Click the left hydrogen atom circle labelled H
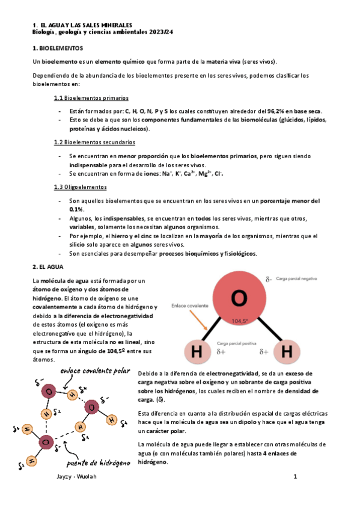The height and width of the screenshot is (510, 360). click(x=195, y=351)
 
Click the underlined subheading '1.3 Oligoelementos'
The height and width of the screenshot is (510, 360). click(x=80, y=187)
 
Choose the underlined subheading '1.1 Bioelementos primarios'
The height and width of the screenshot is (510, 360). click(x=91, y=97)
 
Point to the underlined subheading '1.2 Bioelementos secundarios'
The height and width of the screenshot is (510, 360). click(x=94, y=142)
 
